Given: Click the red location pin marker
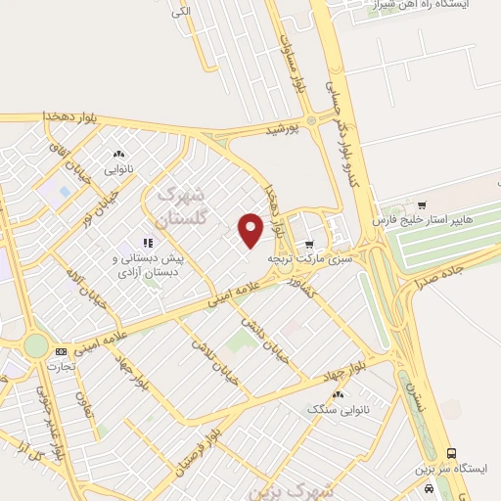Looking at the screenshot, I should click(251, 230).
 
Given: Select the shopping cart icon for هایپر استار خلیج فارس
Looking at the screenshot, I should click(422, 206).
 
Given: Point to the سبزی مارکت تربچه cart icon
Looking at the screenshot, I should click(309, 245).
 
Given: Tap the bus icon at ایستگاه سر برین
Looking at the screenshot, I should click(451, 453).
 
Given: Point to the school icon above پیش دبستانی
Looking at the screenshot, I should click(148, 243).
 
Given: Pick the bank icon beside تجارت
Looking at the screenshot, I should click(61, 350).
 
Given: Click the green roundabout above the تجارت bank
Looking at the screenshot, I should click(36, 345).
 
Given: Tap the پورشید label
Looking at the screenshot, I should click(280, 129).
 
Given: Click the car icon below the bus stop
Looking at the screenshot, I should click(428, 485).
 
